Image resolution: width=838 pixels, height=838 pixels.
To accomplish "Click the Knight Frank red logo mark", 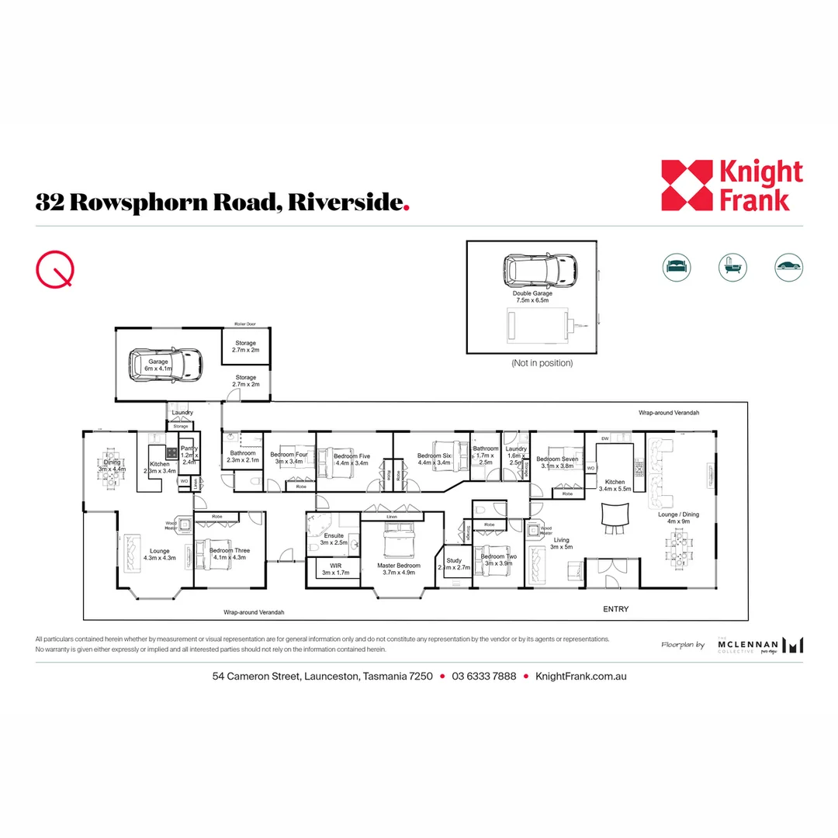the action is point(687,185).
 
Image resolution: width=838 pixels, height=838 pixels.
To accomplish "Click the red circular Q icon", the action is point(56,269).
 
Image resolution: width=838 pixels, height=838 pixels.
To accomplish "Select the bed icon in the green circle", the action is point(676,267).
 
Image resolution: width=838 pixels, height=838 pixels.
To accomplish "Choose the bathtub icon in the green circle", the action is point(732,267).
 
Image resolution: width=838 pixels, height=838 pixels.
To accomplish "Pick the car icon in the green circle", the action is point(788,267).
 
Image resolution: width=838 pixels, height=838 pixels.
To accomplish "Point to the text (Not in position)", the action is point(542,363).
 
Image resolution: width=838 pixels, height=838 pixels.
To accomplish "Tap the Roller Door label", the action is point(245,324).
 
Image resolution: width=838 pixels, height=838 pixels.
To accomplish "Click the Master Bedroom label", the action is point(399,566).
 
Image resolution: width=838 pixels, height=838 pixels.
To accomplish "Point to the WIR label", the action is point(335,566).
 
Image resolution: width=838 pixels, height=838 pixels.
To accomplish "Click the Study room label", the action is point(454,560).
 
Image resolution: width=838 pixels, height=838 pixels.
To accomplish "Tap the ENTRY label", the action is point(616,609).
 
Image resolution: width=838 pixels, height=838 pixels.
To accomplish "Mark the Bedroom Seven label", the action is point(557,459).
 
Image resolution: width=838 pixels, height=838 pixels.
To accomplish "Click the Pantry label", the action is point(189,448).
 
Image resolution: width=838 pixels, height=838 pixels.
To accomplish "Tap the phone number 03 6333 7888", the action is point(484,676).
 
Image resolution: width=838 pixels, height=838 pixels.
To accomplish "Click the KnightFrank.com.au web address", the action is point(580,676).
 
